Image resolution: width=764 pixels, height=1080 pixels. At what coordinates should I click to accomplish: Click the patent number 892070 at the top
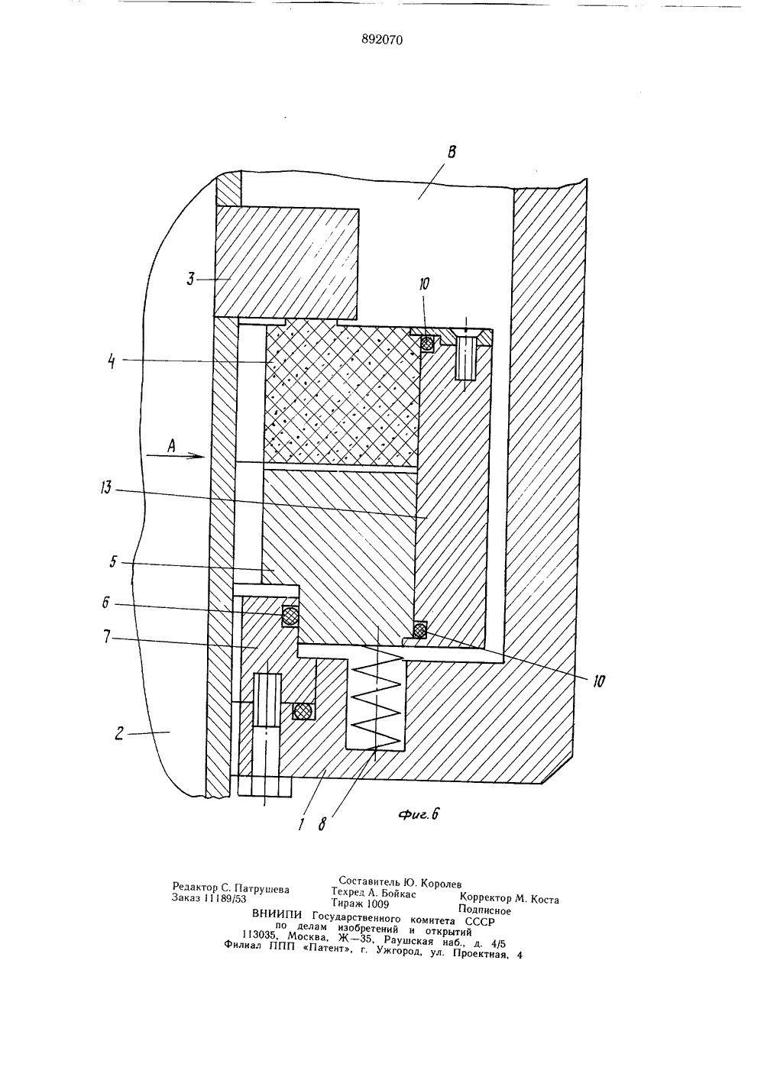[381, 40]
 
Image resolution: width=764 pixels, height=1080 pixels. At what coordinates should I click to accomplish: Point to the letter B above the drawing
[452, 152]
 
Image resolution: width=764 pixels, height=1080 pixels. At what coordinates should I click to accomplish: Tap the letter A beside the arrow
[170, 446]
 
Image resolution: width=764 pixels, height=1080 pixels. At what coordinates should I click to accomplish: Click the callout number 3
[190, 279]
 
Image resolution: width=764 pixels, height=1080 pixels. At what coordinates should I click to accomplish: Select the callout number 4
[112, 361]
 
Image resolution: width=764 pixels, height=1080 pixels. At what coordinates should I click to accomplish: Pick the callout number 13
[105, 488]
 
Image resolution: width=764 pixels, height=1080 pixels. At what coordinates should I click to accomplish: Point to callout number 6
[106, 603]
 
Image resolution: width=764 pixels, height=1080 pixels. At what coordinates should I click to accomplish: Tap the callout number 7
[107, 639]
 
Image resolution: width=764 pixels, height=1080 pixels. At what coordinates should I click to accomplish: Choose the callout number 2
[119, 734]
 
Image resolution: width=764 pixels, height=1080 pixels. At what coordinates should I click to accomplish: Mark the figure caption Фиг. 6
[418, 814]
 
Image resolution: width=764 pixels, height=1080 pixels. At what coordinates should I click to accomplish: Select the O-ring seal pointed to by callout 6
[290, 616]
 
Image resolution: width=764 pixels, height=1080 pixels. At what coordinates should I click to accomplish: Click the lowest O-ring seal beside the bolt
[302, 710]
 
